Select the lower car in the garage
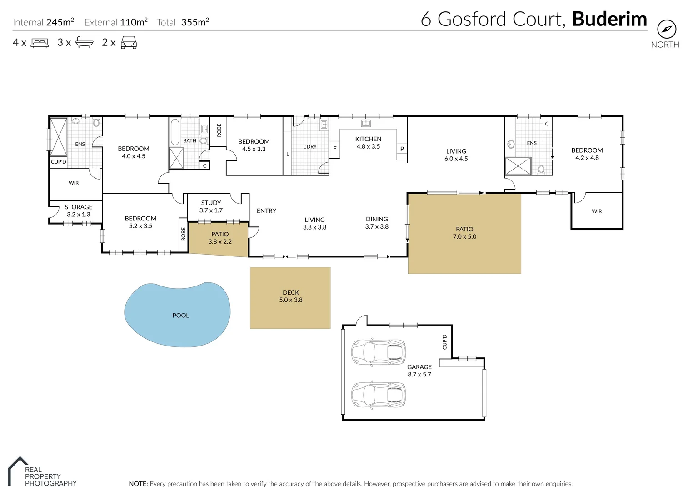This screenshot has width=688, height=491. tap(378, 395)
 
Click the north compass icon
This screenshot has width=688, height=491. tap(666, 30)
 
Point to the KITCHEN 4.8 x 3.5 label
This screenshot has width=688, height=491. tap(368, 143)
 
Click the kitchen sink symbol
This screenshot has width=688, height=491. tap(366, 123)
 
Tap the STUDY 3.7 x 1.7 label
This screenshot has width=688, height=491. tap(211, 206)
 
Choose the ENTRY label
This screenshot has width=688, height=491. tap(266, 211)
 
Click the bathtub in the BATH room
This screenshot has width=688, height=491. tap(175, 131)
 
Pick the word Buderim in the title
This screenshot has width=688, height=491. tap(609, 19)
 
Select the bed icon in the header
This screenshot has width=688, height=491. tap(40, 43)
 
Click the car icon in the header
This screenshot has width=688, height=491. tap(129, 43)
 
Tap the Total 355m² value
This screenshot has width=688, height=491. tap(194, 22)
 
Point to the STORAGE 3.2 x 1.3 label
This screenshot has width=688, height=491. tap(78, 210)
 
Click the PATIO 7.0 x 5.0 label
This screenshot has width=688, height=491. tap(464, 233)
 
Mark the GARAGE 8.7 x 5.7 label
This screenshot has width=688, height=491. tap(419, 371)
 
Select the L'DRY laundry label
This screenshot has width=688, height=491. tap(310, 146)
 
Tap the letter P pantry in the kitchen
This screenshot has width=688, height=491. tap(402, 149)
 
